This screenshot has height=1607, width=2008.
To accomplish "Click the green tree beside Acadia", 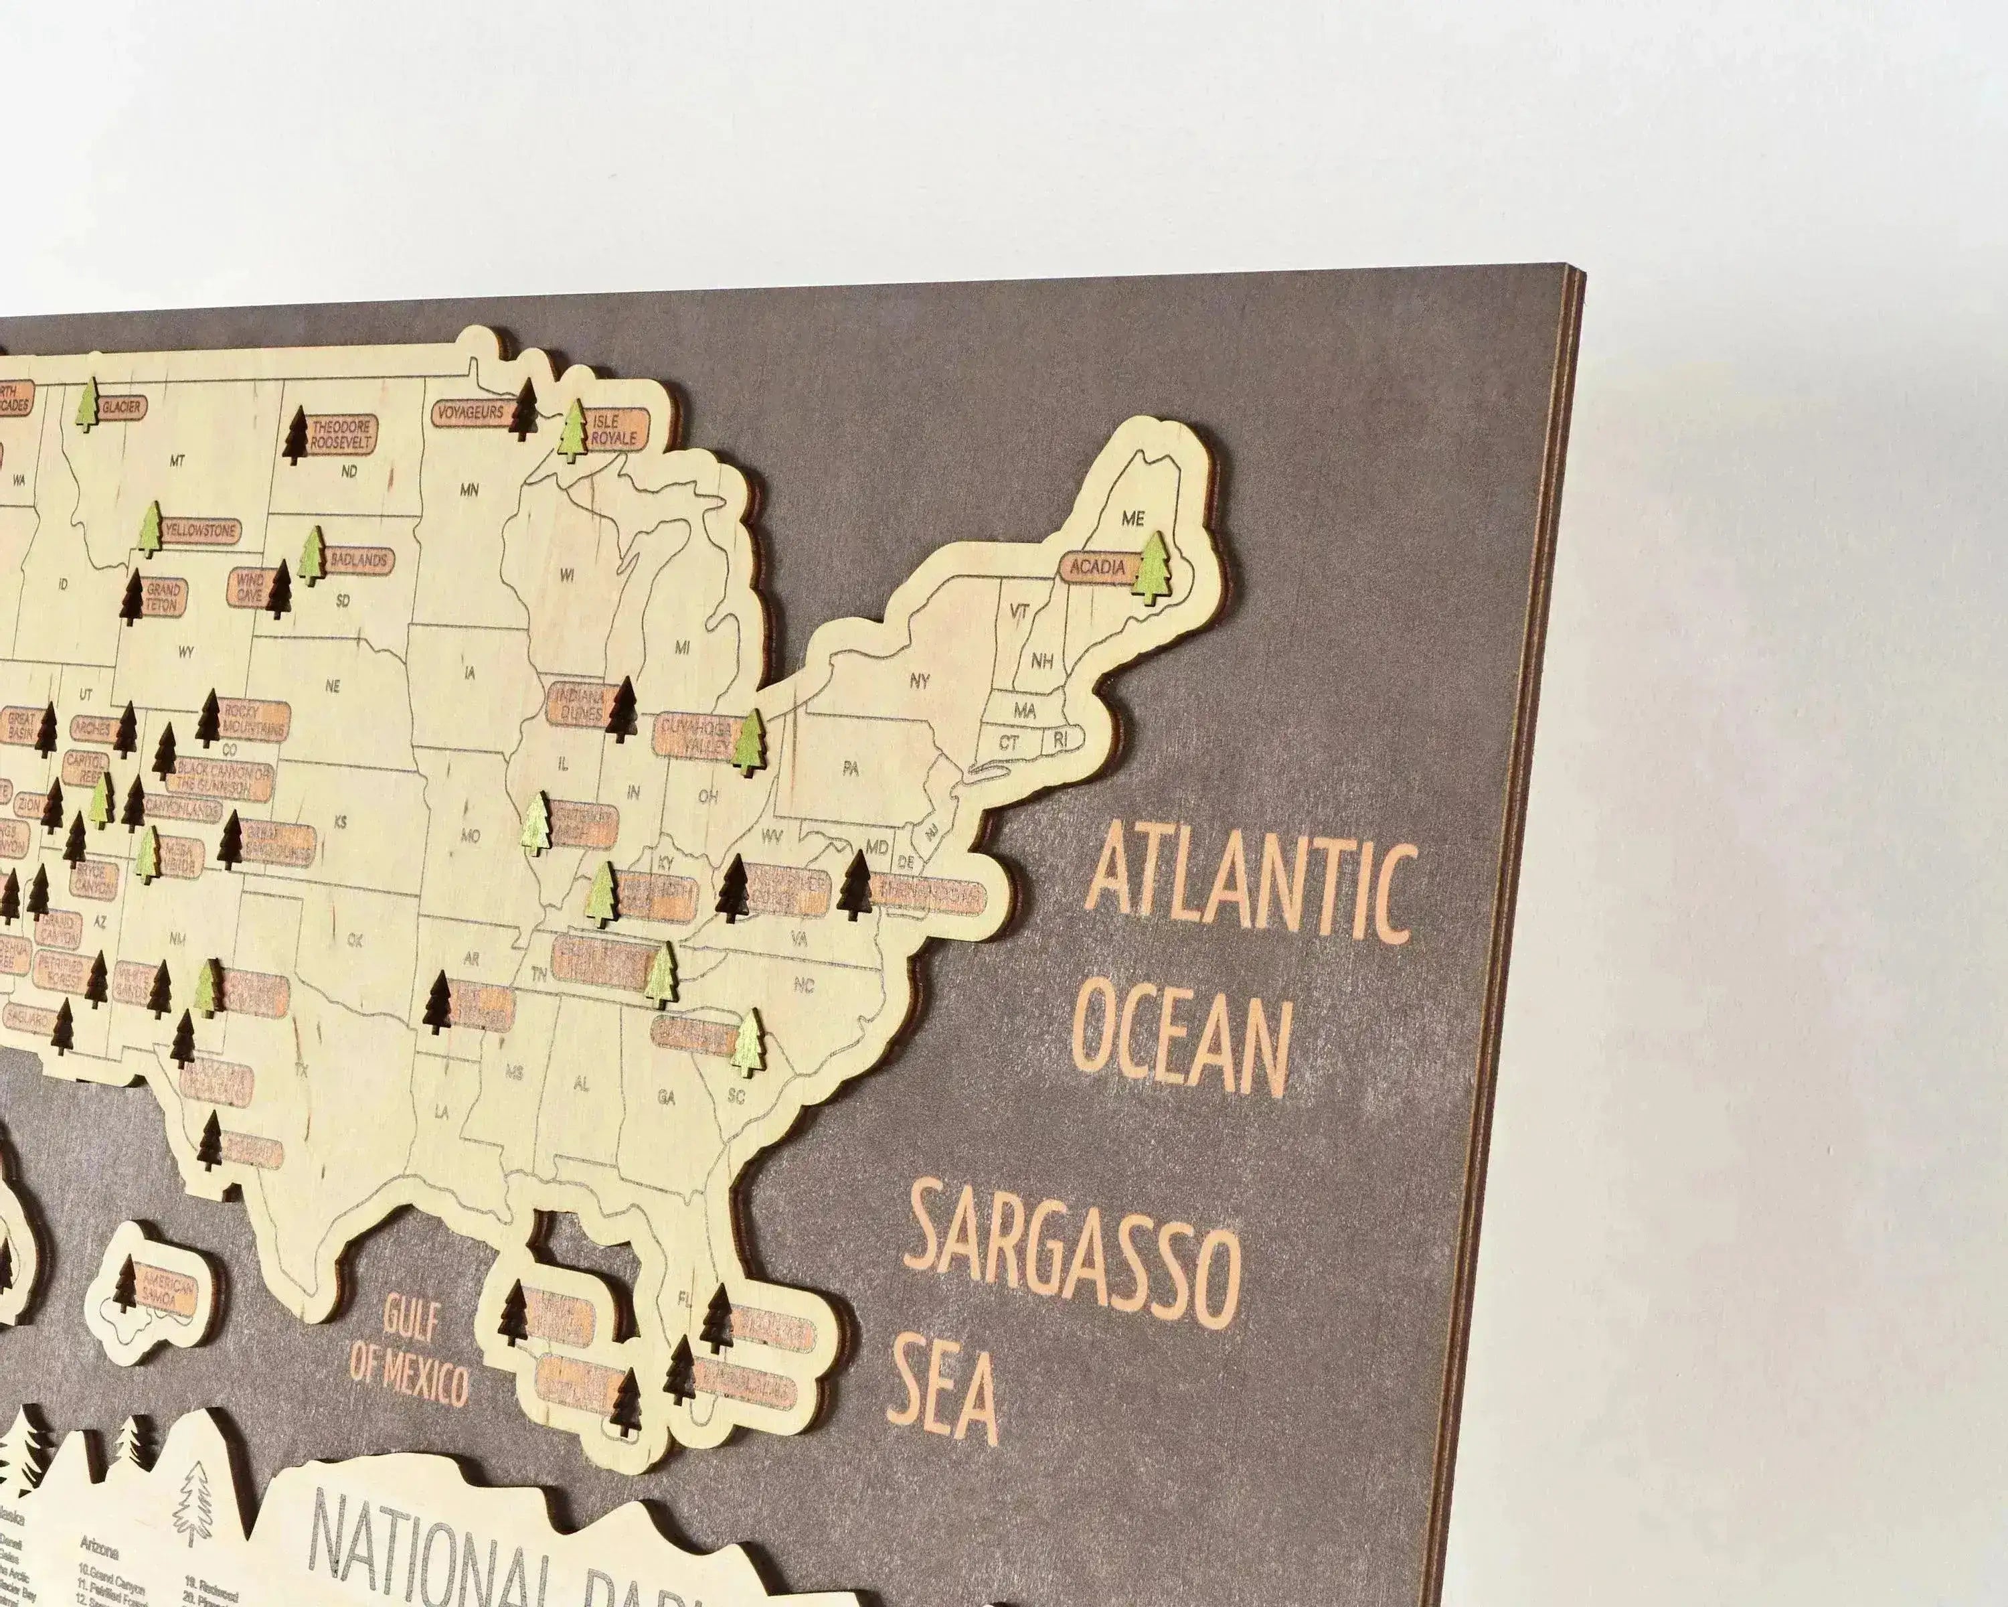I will tap(1154, 566).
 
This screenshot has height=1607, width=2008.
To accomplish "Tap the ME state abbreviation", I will tap(1133, 519).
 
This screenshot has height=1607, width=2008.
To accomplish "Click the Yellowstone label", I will tap(200, 531).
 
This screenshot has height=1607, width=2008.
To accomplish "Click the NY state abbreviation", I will tap(919, 680).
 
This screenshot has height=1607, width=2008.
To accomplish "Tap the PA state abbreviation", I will tap(849, 769).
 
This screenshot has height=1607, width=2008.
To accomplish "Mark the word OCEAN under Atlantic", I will tap(1187, 1045).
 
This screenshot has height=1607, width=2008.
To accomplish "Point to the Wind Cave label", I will tap(250, 586).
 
